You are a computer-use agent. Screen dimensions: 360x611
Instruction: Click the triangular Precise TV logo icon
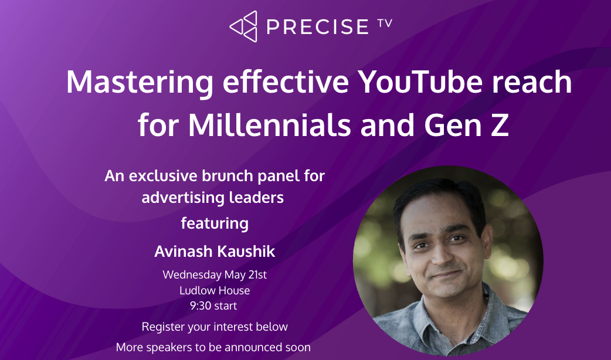pyautogui.click(x=243, y=26)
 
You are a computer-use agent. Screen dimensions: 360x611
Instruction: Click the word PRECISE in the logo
pyautogui.click(x=315, y=27)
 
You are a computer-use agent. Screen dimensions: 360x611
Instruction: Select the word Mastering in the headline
pyautogui.click(x=140, y=82)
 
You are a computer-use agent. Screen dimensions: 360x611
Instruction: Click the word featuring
pyautogui.click(x=215, y=223)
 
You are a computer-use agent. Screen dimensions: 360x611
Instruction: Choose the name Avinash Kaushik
pyautogui.click(x=215, y=252)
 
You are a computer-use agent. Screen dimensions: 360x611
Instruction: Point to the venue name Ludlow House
pyautogui.click(x=215, y=290)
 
